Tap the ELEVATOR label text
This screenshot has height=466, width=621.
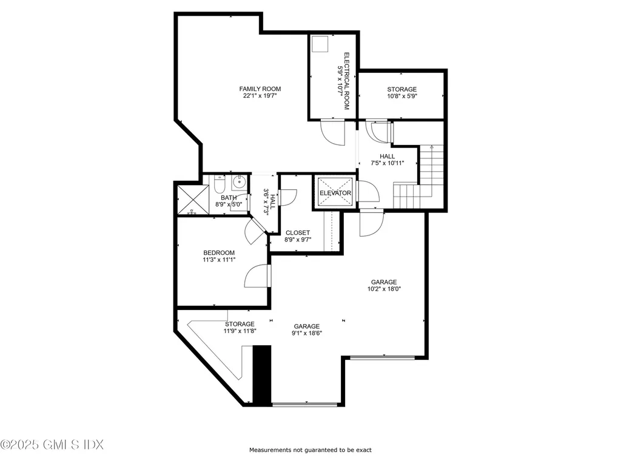click(x=335, y=194)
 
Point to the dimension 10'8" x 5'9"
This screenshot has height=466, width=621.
click(x=402, y=96)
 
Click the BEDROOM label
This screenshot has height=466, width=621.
click(x=219, y=252)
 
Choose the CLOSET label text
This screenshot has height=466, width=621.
click(x=297, y=232)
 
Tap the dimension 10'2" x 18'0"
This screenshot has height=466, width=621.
click(x=384, y=289)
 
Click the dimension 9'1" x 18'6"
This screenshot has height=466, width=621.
click(x=306, y=333)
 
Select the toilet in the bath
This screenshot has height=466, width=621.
click(x=220, y=184)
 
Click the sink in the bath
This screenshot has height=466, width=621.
click(x=240, y=181)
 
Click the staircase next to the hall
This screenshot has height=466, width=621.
click(x=428, y=173)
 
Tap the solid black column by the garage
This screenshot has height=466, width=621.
click(x=261, y=374)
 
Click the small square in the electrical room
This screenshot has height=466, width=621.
click(x=320, y=44)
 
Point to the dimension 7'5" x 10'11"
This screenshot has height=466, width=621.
click(x=388, y=163)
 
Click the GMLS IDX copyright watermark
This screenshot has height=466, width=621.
click(x=52, y=445)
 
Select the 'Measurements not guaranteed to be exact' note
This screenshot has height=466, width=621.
click(x=310, y=450)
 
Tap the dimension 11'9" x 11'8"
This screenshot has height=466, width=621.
click(x=240, y=331)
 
